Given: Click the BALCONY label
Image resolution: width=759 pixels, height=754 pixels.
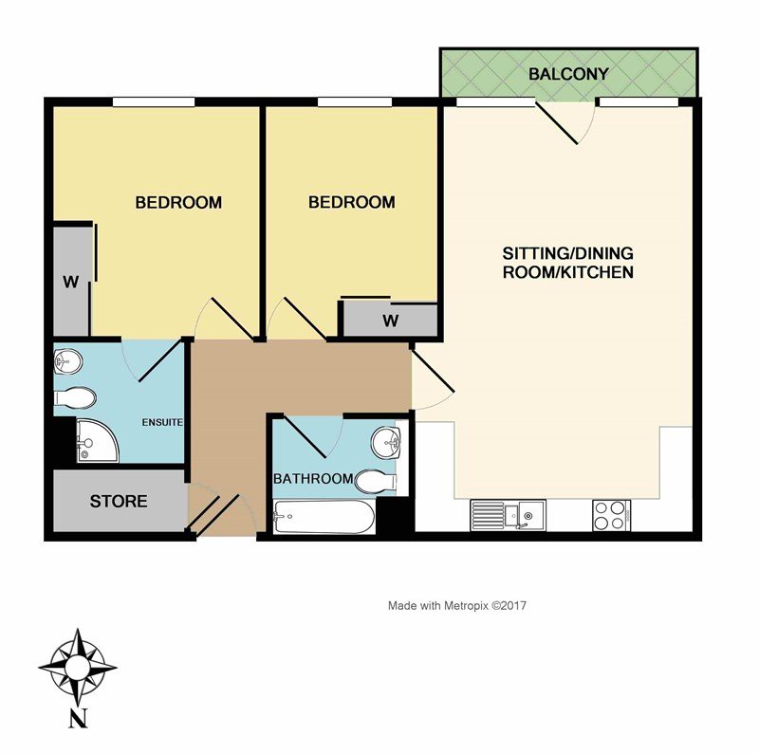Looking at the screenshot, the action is [x=568, y=74].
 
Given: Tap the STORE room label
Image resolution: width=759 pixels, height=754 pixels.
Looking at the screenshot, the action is [x=119, y=502].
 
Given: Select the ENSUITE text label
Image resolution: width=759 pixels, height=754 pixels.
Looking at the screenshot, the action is [x=162, y=422].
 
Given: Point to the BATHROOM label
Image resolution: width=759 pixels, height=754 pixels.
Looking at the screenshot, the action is [x=313, y=479].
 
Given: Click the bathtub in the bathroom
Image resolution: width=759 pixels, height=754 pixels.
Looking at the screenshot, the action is [x=324, y=517].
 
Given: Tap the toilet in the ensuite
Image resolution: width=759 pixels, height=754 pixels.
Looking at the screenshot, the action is [x=75, y=398].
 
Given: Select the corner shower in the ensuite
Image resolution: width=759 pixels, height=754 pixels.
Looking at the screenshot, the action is [x=98, y=440].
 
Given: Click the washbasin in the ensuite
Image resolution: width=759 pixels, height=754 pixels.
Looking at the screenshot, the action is [x=67, y=361].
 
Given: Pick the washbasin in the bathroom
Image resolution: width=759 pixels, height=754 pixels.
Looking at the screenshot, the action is [x=386, y=442].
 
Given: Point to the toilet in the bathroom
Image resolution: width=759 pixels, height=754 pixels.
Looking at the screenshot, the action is [x=376, y=482].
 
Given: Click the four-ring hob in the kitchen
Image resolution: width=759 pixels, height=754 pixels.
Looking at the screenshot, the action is [x=611, y=515].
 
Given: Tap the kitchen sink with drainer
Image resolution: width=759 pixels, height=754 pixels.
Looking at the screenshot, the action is [x=508, y=515].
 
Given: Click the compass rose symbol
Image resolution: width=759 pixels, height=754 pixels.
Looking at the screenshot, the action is [x=78, y=668].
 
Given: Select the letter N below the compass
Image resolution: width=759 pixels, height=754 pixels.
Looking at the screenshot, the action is [x=78, y=719].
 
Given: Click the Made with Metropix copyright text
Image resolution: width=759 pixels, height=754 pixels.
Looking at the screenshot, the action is [x=457, y=605].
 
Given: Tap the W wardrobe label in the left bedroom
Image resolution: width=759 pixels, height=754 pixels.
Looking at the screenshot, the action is [x=70, y=282].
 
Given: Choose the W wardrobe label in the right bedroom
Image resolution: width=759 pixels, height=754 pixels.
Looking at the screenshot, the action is [x=391, y=321].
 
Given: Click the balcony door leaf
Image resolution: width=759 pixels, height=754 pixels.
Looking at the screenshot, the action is [x=556, y=123].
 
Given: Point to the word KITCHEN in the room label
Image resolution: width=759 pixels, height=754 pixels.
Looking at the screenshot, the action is [x=601, y=272].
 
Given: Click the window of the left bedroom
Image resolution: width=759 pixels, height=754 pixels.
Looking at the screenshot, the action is [x=154, y=102].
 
